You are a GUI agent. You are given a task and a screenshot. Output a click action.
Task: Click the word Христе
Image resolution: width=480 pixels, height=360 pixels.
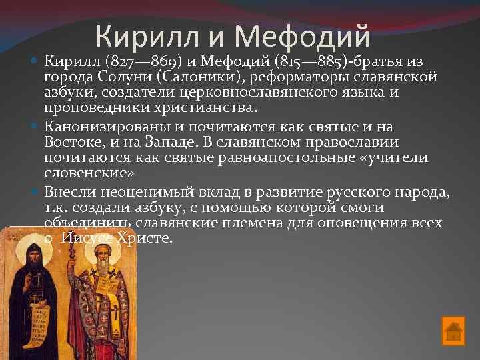pos(145,237)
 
